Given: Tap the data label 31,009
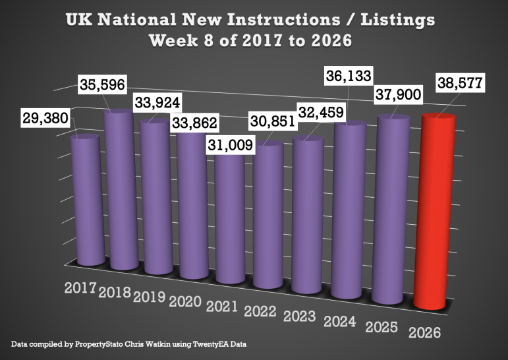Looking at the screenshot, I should (229, 145).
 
